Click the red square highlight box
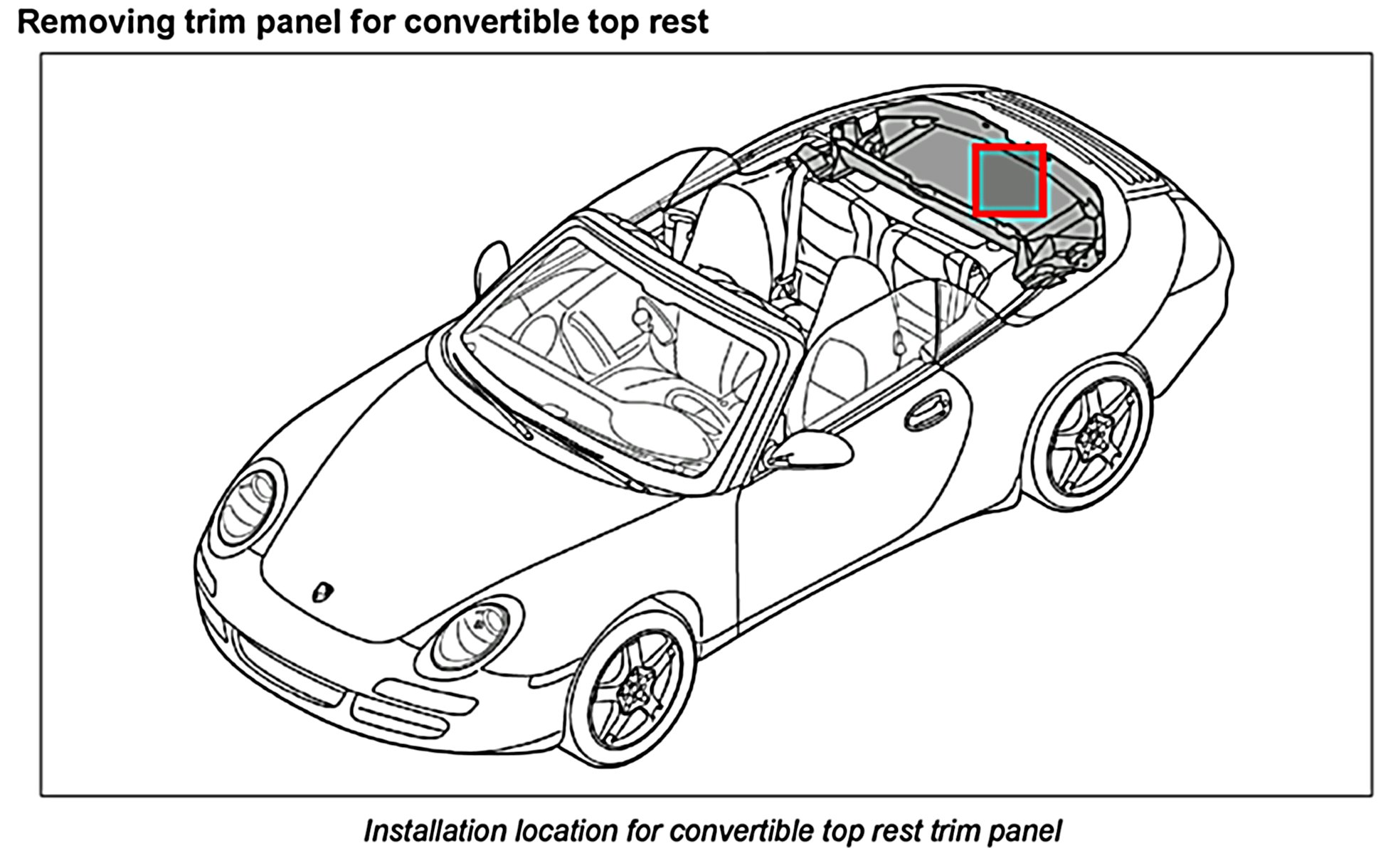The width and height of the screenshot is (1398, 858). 1010,180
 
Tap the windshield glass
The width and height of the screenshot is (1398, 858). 612,356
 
